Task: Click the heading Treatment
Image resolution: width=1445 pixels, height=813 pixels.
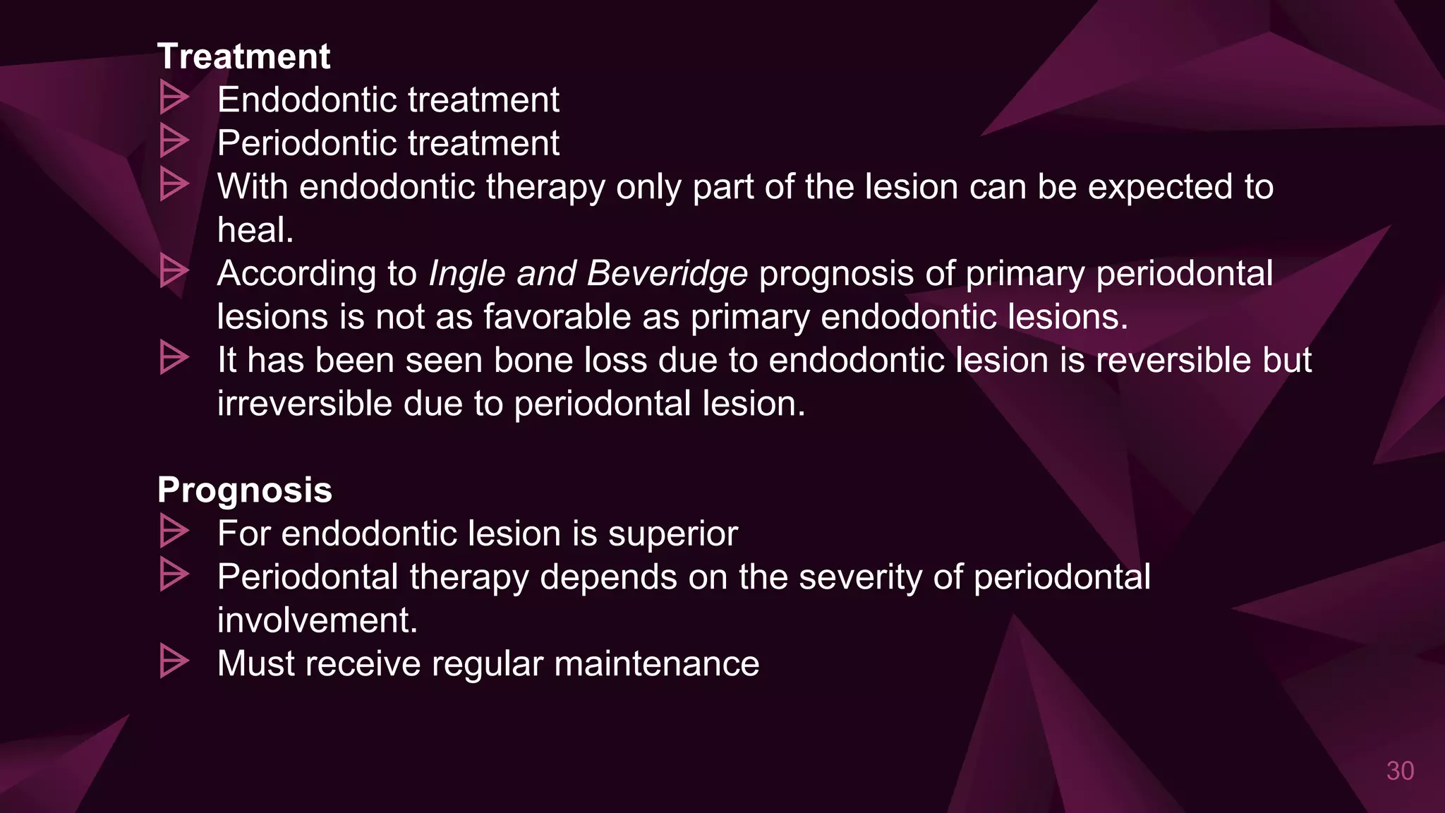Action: pyautogui.click(x=243, y=56)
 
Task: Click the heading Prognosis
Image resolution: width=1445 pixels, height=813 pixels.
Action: pyautogui.click(x=244, y=490)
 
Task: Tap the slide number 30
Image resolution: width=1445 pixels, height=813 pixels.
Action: pyautogui.click(x=1400, y=771)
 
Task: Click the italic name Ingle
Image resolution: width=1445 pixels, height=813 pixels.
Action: pyautogui.click(x=466, y=274)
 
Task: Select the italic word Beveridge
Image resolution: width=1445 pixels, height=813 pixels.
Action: pyautogui.click(x=667, y=274)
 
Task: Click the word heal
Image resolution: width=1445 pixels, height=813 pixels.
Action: pyautogui.click(x=255, y=230)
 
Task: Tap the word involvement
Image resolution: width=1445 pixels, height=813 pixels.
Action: pyautogui.click(x=317, y=620)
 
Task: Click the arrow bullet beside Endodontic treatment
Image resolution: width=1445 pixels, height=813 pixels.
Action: pyautogui.click(x=174, y=97)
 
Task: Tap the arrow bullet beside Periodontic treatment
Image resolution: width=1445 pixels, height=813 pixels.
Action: pyautogui.click(x=174, y=141)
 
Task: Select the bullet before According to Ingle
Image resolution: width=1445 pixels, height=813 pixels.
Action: pyautogui.click(x=174, y=271)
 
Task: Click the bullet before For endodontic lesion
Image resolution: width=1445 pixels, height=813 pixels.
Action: pyautogui.click(x=174, y=531)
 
